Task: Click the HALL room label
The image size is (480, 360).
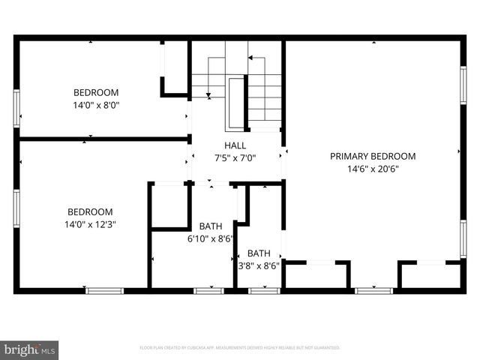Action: (x=235, y=145)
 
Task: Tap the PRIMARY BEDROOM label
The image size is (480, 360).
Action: (x=373, y=156)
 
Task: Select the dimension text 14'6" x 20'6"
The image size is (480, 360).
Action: (x=373, y=169)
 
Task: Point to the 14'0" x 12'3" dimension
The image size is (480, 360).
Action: (x=90, y=223)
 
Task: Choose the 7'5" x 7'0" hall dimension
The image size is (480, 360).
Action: (x=235, y=157)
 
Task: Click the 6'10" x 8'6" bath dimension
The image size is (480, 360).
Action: (x=210, y=240)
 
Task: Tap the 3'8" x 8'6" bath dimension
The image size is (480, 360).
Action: (x=259, y=265)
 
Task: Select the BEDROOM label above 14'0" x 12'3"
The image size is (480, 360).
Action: (x=90, y=211)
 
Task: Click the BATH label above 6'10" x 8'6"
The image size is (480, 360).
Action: (x=210, y=226)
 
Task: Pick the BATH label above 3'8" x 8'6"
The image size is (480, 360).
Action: (x=259, y=253)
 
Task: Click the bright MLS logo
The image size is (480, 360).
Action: (x=30, y=349)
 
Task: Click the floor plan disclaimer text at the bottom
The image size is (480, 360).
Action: (x=240, y=348)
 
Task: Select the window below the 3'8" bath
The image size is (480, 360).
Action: (x=264, y=290)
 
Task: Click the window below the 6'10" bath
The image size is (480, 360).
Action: (x=208, y=290)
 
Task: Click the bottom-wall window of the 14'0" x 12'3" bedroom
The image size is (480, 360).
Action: (x=104, y=290)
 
